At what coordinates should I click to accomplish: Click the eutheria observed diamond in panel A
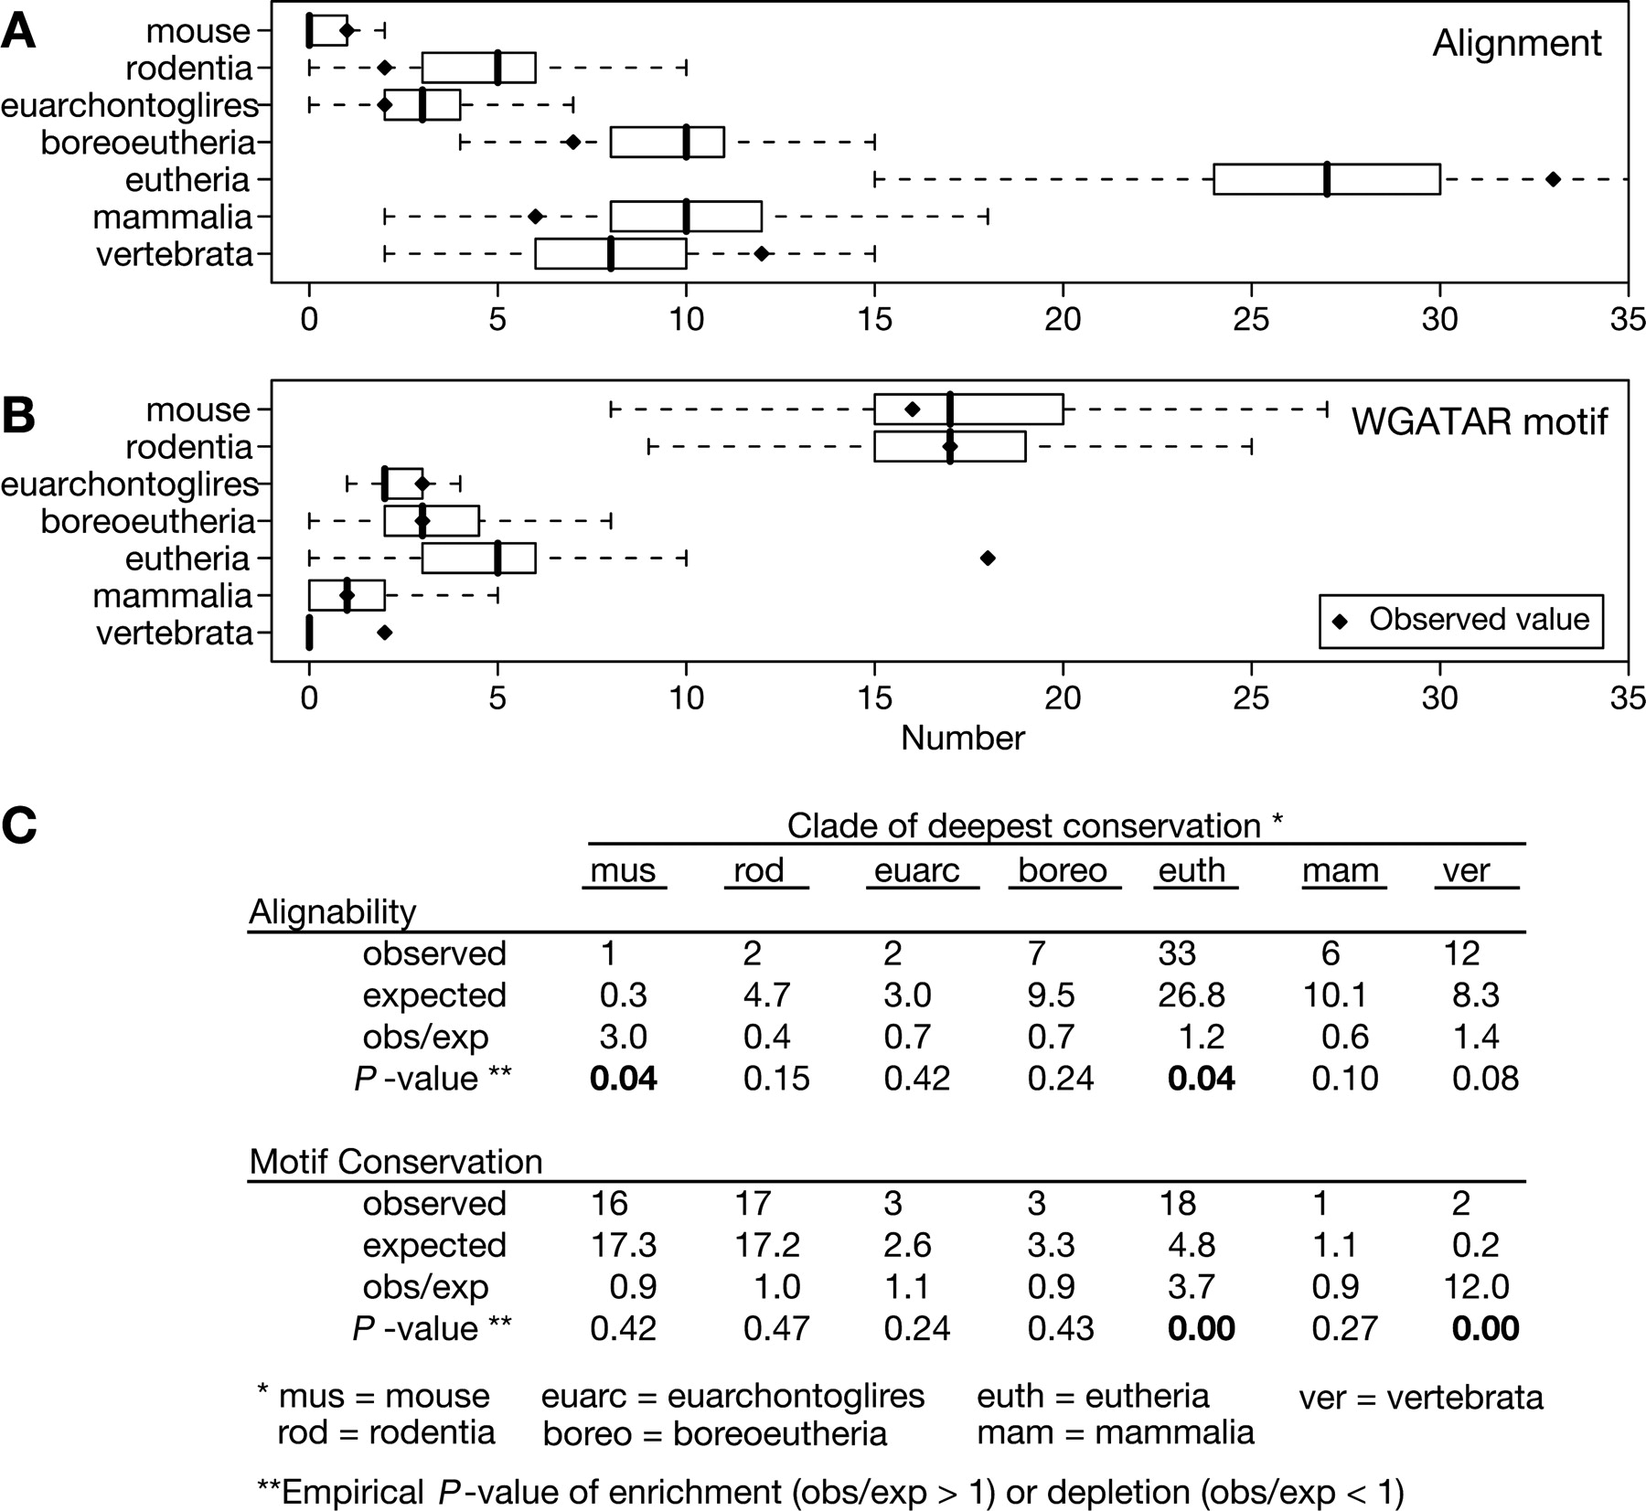1553,179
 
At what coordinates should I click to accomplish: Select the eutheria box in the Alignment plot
1326,179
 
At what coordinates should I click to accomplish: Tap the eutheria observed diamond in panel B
988,558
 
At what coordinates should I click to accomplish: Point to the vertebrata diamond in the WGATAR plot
385,633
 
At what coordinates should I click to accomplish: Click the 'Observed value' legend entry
1460,621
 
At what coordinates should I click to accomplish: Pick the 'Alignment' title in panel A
1516,43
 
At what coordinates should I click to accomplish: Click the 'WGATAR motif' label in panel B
1479,421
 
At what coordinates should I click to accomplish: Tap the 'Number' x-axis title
962,739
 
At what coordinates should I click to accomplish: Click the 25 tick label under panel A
1251,320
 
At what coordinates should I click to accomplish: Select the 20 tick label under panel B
1063,698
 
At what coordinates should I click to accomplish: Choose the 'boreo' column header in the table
1062,870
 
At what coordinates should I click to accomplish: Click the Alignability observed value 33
1177,953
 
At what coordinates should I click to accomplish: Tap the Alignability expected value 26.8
1191,995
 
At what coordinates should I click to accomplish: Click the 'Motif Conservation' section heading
396,1162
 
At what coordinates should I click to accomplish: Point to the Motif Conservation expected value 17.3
623,1245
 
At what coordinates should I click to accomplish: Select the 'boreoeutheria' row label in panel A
146,143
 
